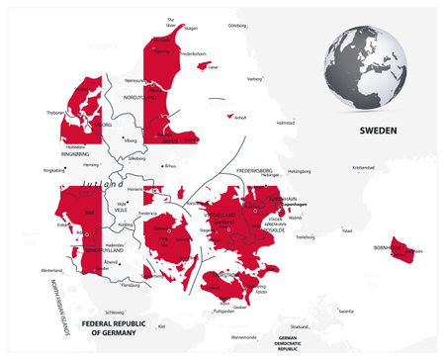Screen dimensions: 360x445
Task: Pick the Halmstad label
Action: [x=286, y=123]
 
